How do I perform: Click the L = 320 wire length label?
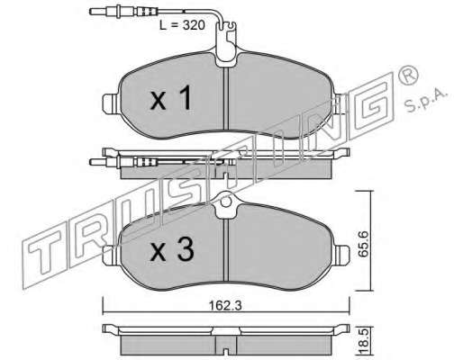pyautogui.click(x=182, y=25)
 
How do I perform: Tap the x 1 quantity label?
pyautogui.click(x=170, y=97)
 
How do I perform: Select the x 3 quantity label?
pyautogui.click(x=172, y=250)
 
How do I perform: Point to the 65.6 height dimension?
pyautogui.click(x=363, y=243)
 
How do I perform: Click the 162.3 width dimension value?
pyautogui.click(x=225, y=306)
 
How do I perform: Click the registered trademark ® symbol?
pyautogui.click(x=408, y=76)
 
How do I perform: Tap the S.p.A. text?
pyautogui.click(x=426, y=101)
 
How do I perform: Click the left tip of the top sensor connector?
pyautogui.click(x=91, y=12)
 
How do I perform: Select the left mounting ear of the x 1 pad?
pyautogui.click(x=110, y=103)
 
